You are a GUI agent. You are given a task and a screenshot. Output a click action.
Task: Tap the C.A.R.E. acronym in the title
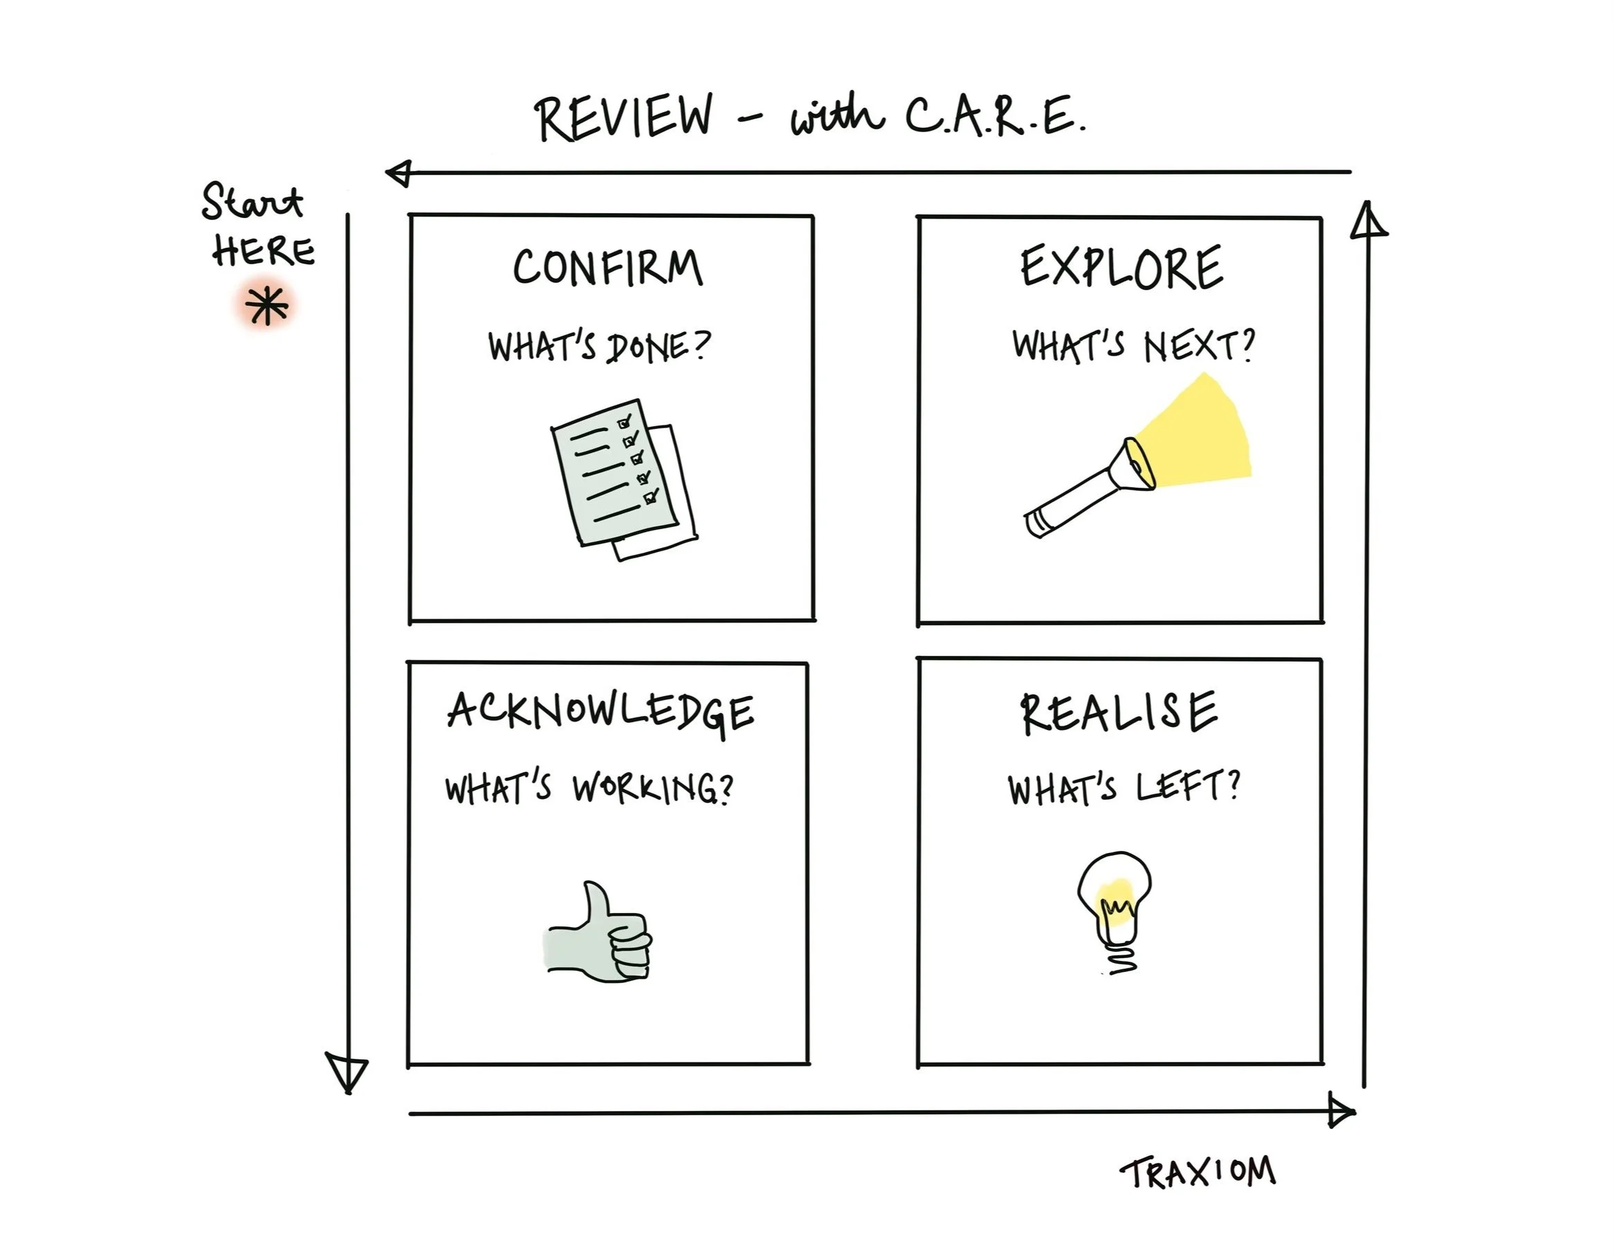tap(994, 117)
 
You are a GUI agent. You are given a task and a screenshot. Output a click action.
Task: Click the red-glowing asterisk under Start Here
tap(267, 306)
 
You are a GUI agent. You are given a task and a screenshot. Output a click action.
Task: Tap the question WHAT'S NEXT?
tap(1133, 345)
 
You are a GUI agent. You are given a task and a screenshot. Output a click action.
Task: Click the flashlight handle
tap(1072, 502)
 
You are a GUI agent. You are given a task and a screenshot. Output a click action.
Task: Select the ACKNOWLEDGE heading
tap(600, 711)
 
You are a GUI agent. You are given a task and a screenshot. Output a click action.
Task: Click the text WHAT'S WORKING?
tap(588, 788)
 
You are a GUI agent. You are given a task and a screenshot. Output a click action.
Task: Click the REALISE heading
tap(1119, 713)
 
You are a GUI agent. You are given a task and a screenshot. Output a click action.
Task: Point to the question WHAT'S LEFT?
tap(1124, 788)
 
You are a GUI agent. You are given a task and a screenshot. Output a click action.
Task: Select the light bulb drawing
tap(1115, 909)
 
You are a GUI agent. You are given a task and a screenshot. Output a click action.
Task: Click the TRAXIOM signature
tap(1198, 1173)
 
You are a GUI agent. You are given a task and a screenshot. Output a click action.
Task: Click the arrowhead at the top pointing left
tap(400, 174)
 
